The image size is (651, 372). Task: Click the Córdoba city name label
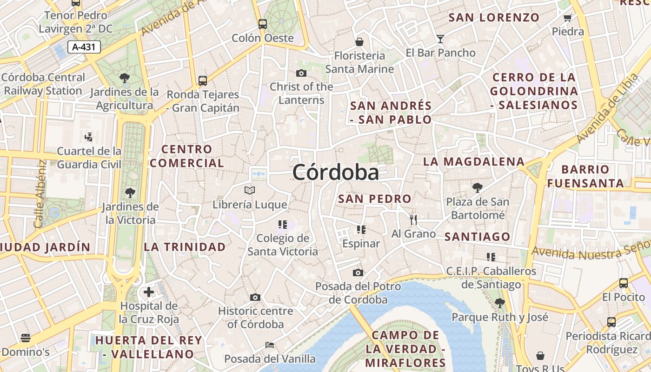(336, 173)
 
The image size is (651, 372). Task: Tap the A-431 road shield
(84, 47)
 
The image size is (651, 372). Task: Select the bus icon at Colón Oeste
(263, 24)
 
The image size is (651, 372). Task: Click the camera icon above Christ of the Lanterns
(301, 73)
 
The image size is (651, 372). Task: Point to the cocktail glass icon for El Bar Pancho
(440, 39)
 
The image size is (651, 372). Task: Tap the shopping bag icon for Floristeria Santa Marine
(359, 42)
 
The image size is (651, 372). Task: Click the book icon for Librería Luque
(250, 190)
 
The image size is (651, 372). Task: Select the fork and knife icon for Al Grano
(413, 219)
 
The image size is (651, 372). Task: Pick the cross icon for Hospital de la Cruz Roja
(149, 292)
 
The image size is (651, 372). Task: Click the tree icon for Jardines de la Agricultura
(124, 78)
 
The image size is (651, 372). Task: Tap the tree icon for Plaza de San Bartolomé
(477, 188)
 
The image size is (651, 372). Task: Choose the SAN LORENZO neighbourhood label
(494, 18)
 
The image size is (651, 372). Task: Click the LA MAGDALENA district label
(473, 162)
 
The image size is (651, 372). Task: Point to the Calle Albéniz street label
(40, 194)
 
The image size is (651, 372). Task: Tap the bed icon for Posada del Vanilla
(270, 345)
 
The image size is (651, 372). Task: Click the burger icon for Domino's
(26, 338)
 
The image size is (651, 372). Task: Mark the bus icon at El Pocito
(624, 283)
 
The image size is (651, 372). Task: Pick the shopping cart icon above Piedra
(567, 18)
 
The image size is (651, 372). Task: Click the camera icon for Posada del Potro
(358, 272)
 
